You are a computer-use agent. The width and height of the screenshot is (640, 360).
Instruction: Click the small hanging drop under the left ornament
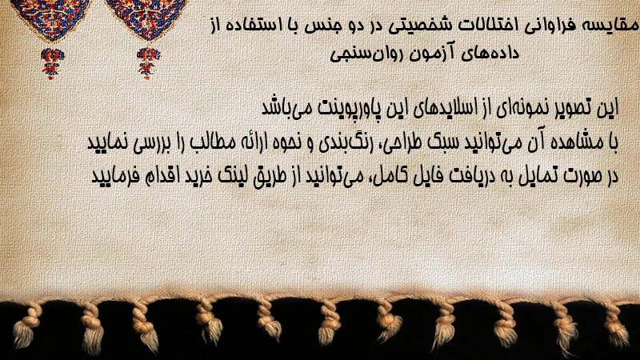pos(52,63)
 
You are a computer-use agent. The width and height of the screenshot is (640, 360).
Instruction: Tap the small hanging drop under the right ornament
pos(148,63)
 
